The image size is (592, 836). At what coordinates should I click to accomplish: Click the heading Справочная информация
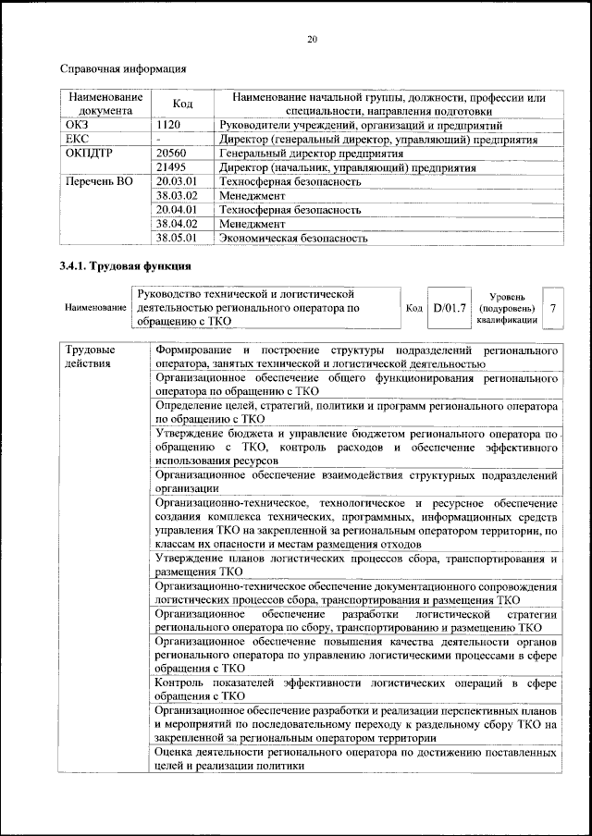(x=123, y=68)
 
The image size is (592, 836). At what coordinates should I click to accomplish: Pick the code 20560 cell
(x=172, y=154)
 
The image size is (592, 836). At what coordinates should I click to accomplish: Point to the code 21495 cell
(x=172, y=167)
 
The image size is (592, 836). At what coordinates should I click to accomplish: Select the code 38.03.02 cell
(x=178, y=196)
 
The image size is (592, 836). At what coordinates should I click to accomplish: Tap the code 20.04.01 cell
(x=178, y=210)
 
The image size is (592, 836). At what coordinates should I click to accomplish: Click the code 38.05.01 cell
(x=178, y=238)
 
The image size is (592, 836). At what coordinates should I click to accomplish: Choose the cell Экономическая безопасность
(x=292, y=238)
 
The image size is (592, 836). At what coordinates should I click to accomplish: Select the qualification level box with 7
(x=552, y=307)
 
